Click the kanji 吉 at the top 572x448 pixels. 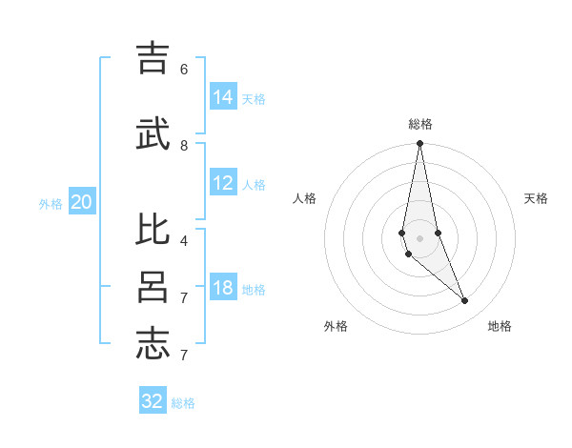[x=153, y=58]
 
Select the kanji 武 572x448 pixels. [x=153, y=134]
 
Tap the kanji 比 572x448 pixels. [x=153, y=230]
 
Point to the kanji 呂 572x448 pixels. [x=153, y=287]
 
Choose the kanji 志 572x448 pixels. [x=153, y=344]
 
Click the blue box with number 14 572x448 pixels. [x=223, y=97]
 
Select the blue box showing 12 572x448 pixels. [x=223, y=183]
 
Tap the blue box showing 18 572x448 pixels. [x=223, y=288]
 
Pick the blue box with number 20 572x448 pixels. [x=82, y=202]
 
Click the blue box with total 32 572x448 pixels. [x=153, y=401]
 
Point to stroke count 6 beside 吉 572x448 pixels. [x=184, y=69]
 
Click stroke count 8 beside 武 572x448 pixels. [x=184, y=145]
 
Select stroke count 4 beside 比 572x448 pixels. [x=184, y=240]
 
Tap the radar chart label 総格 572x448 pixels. [x=420, y=124]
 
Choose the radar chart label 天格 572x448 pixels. [x=536, y=198]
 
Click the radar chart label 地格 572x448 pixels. [x=500, y=326]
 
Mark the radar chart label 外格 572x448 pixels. [x=336, y=326]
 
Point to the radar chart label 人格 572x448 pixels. [x=304, y=198]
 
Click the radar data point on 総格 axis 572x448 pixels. [x=419, y=144]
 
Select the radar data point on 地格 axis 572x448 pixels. [x=465, y=301]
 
